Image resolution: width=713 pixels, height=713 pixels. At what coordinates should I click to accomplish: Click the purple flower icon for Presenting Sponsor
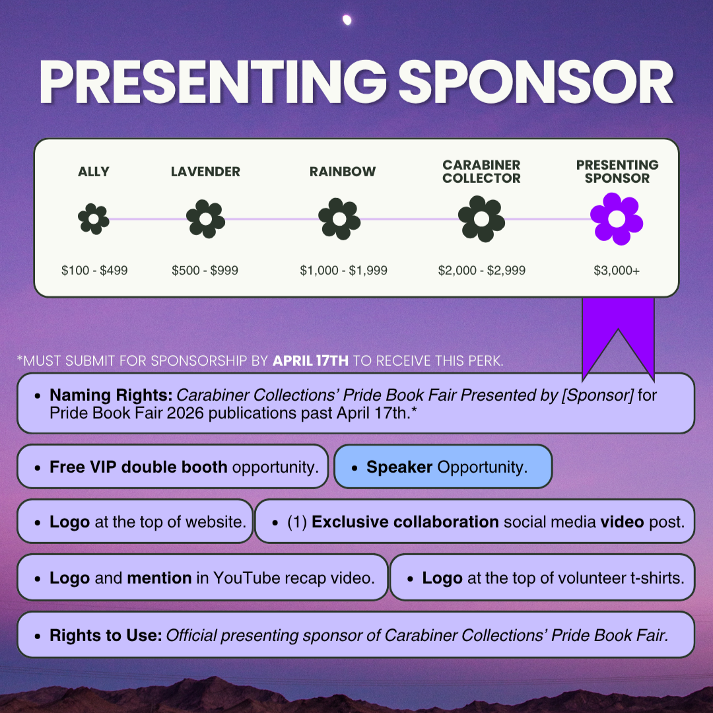(616, 219)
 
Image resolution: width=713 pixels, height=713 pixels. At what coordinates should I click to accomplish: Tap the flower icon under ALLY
(93, 219)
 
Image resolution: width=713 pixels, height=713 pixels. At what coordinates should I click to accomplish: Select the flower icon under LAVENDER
(205, 219)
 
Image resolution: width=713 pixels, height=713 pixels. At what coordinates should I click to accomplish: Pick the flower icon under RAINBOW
(339, 219)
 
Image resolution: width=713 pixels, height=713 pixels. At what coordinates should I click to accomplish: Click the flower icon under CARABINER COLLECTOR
(481, 219)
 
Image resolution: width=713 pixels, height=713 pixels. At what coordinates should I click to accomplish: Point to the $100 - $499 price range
(94, 270)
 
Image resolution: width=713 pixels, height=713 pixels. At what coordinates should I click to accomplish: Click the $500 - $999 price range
(205, 270)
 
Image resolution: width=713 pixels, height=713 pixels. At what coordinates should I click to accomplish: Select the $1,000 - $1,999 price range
(343, 270)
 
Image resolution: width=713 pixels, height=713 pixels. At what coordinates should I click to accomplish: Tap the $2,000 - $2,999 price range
(482, 270)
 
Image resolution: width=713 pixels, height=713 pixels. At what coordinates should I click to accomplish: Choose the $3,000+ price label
(616, 270)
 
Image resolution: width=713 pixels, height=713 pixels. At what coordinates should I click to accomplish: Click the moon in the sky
(347, 20)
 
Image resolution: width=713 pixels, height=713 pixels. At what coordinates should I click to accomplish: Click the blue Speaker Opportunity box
(443, 467)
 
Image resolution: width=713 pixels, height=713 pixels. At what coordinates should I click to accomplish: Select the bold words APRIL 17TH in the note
(311, 361)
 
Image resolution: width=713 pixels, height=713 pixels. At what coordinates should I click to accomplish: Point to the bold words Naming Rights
(111, 395)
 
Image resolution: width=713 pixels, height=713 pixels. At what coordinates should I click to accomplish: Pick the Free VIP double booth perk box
(173, 467)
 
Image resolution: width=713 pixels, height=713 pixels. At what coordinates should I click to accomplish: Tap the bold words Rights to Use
(106, 635)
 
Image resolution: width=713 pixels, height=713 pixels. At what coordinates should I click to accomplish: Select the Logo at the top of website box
(135, 522)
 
